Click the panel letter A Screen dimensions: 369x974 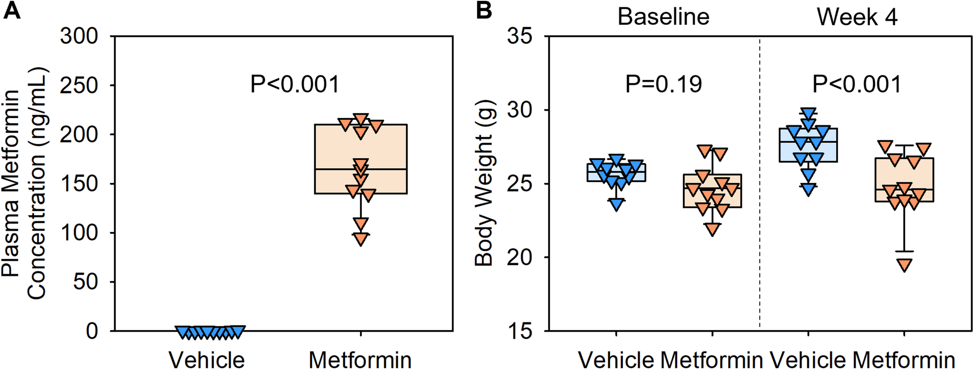tap(12, 10)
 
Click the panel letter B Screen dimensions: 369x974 tap(484, 10)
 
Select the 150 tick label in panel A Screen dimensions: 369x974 tap(79, 184)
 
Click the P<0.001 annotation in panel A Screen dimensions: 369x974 tap(294, 84)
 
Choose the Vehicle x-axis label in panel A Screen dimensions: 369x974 tap(206, 360)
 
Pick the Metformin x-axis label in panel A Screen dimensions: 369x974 tap(360, 360)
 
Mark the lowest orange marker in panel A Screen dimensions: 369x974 tap(360, 238)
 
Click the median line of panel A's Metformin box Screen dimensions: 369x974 tap(360, 169)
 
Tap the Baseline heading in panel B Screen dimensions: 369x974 tap(663, 17)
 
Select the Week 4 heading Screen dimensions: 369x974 tap(857, 17)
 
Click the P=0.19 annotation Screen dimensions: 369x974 tap(663, 84)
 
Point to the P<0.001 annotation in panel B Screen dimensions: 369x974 tap(856, 84)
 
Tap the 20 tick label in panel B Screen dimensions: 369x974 tap(520, 257)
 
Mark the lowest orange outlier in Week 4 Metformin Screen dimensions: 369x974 tap(904, 265)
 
